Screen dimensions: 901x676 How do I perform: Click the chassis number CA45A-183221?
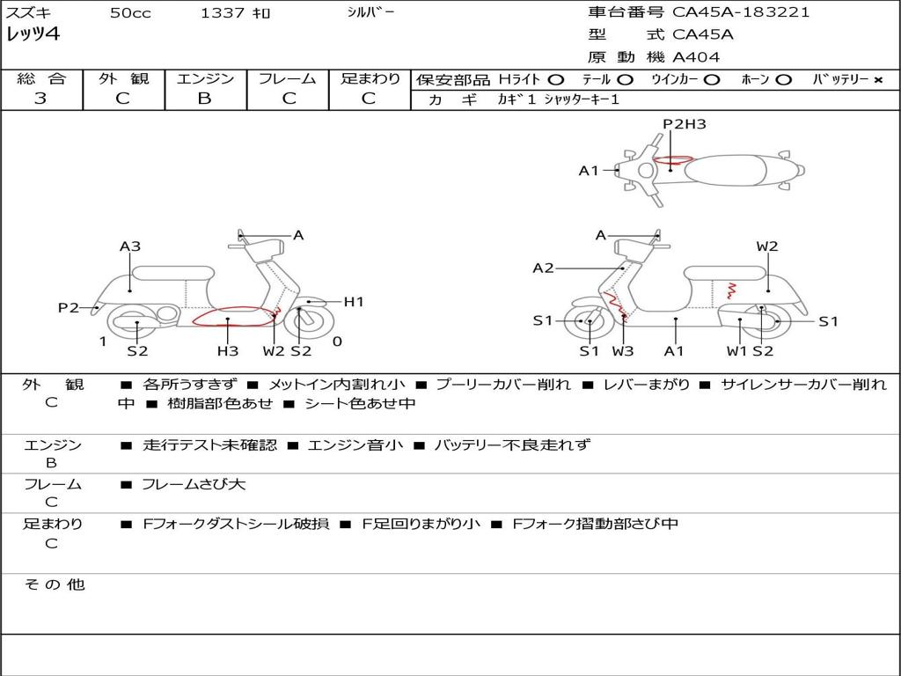(741, 12)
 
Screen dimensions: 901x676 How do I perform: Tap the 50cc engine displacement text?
(130, 13)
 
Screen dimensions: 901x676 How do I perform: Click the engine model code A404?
(696, 57)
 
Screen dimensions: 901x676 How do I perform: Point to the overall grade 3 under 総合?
(40, 99)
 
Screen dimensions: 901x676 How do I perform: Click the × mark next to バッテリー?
(877, 80)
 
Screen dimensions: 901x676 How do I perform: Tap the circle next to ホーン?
(783, 80)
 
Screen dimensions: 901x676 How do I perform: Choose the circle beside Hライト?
(555, 80)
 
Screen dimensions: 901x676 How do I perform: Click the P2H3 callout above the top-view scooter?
(685, 124)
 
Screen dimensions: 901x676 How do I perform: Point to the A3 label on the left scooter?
(130, 246)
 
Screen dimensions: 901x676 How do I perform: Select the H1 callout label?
(354, 302)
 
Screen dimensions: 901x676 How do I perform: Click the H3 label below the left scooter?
(228, 351)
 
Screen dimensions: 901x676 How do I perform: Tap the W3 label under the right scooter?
(623, 351)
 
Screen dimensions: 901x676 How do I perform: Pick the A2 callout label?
(543, 268)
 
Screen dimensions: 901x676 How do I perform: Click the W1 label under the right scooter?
(736, 351)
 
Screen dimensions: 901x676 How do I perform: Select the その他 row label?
(55, 584)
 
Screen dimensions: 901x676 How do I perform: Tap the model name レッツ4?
(33, 35)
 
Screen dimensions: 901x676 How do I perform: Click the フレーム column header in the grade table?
(287, 78)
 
